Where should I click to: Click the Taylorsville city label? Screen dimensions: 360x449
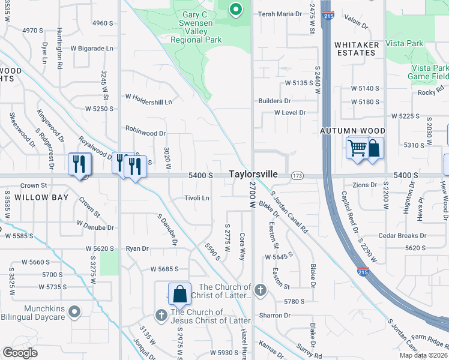pos(253,174)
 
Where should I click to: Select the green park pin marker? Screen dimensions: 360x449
pos(236,9)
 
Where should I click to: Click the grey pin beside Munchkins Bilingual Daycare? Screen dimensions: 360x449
pos(74,311)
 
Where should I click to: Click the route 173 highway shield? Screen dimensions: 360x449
pos(297,175)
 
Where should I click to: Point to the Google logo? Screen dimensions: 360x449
pos(20,353)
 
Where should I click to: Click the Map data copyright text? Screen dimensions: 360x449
pos(415,355)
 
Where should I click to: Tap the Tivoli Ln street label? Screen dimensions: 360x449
pos(196,198)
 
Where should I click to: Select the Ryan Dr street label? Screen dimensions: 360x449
pos(137,248)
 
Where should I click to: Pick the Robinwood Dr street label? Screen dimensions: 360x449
pos(145,129)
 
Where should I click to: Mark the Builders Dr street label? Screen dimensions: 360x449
pos(274,101)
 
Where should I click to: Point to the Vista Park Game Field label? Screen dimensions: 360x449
pos(429,73)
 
